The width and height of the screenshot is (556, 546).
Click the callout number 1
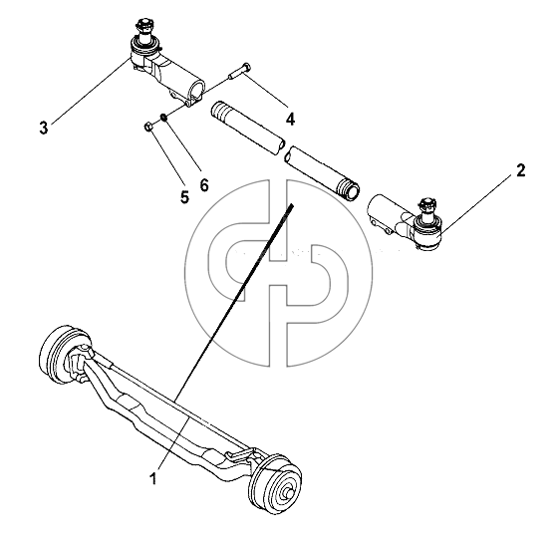(152, 478)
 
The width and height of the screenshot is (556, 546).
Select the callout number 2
(520, 171)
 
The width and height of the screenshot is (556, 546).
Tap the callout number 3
(43, 128)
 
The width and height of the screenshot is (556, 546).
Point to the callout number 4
(290, 120)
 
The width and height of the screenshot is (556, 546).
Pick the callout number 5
(184, 196)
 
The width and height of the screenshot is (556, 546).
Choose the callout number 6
(204, 184)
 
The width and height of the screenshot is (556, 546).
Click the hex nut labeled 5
(148, 127)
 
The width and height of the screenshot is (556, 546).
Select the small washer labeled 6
(163, 117)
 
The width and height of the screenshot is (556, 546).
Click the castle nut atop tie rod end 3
(142, 26)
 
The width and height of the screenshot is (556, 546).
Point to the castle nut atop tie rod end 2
(425, 204)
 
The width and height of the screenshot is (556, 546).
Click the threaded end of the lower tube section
(349, 189)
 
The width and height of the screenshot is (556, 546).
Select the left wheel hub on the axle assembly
(57, 354)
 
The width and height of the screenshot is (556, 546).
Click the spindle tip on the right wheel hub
(288, 493)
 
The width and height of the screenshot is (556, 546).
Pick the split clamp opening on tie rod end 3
(198, 92)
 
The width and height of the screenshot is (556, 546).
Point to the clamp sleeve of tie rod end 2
(385, 214)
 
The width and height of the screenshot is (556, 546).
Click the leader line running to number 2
(478, 204)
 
